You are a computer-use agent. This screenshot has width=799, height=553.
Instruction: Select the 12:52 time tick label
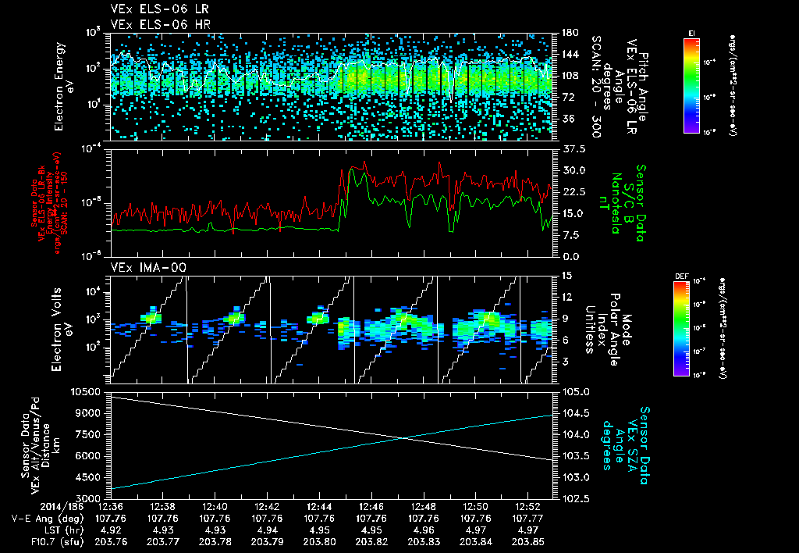pyautogui.click(x=527, y=506)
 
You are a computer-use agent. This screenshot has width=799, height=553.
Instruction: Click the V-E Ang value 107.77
pyautogui.click(x=527, y=518)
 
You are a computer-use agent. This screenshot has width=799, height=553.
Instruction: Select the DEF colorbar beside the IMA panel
pyautogui.click(x=680, y=328)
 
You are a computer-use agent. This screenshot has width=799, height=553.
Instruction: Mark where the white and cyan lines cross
pyautogui.click(x=402, y=438)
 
